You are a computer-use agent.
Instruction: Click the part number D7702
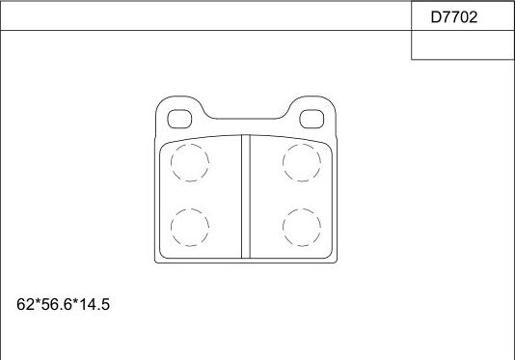(454, 17)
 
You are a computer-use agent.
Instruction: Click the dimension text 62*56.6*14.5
(63, 304)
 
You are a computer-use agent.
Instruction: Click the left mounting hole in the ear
(179, 119)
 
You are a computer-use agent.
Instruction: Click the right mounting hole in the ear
(312, 119)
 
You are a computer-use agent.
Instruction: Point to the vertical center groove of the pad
(246, 197)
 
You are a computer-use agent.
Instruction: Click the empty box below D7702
(463, 45)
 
